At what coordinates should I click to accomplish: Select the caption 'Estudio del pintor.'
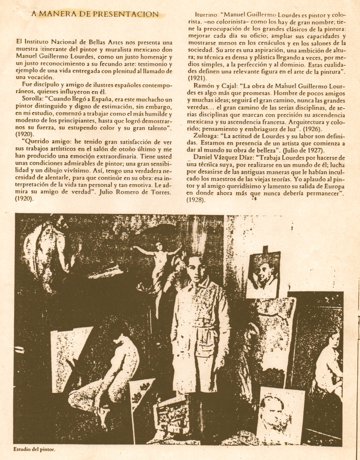(35, 449)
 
